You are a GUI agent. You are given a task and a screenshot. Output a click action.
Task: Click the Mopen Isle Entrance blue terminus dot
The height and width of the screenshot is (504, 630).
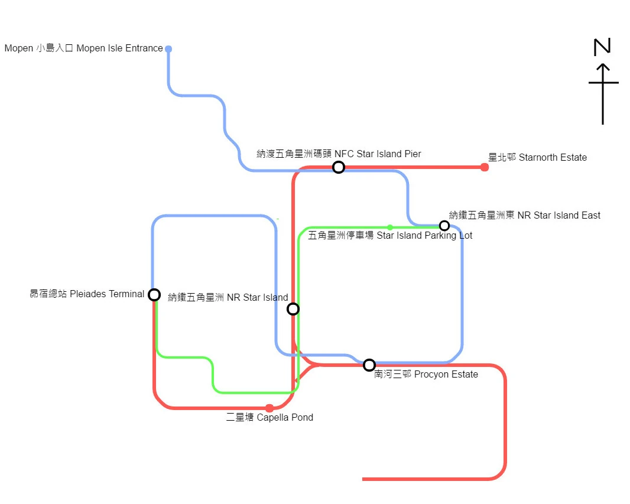[168, 48]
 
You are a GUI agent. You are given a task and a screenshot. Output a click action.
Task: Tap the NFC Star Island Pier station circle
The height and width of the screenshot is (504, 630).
[338, 167]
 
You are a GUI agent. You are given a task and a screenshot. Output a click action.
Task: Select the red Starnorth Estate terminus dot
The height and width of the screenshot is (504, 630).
[485, 167]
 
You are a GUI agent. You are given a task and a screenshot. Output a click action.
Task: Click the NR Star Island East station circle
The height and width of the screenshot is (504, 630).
[444, 225]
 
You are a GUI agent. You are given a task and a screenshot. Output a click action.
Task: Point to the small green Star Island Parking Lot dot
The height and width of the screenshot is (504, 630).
[390, 227]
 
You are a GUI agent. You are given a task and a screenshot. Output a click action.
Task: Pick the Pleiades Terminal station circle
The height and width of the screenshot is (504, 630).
[154, 294]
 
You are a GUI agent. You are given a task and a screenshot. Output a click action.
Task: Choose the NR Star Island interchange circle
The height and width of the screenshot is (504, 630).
[293, 308]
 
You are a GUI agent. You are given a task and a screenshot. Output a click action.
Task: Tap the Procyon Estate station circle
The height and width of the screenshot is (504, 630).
[369, 365]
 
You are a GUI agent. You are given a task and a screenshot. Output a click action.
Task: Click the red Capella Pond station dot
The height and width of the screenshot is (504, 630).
[269, 408]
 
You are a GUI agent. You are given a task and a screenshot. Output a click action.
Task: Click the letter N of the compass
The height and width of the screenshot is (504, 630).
[602, 47]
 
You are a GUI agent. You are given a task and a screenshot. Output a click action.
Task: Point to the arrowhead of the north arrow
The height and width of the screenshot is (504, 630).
[602, 67]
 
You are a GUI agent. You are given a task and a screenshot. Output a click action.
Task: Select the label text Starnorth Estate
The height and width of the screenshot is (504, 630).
[537, 157]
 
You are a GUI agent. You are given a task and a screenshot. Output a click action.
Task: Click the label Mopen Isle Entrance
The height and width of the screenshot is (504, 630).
[83, 48]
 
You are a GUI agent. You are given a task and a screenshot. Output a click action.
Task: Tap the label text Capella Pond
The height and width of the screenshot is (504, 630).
[269, 418]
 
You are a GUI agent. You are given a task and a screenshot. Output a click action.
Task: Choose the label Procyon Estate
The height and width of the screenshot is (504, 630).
[426, 375]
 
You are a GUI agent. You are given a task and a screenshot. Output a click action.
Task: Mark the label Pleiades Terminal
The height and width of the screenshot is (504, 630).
[87, 294]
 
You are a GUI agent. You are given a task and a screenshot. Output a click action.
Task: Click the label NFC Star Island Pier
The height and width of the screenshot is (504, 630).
[339, 154]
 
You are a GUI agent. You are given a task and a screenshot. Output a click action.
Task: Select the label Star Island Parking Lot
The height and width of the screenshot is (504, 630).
[390, 236]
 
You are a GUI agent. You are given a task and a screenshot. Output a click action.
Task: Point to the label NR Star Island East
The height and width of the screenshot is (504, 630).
[525, 215]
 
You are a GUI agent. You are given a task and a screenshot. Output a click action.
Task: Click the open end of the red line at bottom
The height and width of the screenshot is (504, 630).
[363, 479]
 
